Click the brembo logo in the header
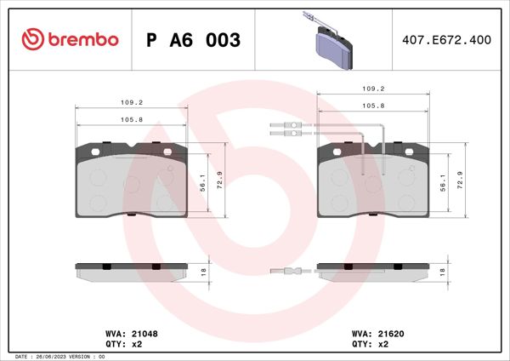(71, 40)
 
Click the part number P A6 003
(194, 40)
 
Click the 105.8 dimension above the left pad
(131, 119)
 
